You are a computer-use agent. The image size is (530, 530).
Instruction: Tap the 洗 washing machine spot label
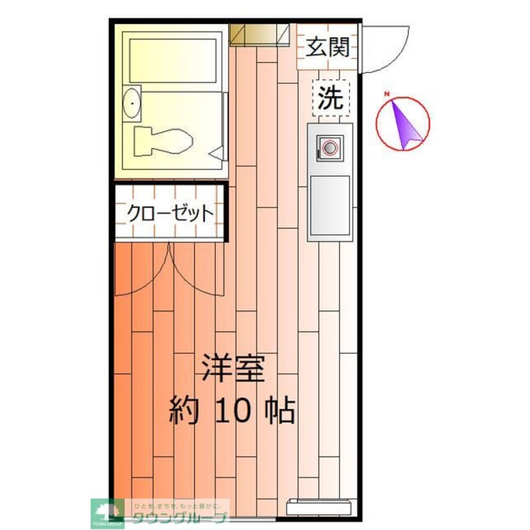(331, 98)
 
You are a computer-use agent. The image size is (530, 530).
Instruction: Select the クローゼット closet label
(170, 213)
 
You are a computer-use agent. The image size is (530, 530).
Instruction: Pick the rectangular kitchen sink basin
(329, 205)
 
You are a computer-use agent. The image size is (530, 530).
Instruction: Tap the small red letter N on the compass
(387, 95)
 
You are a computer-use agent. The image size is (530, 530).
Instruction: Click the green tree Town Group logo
(107, 511)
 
